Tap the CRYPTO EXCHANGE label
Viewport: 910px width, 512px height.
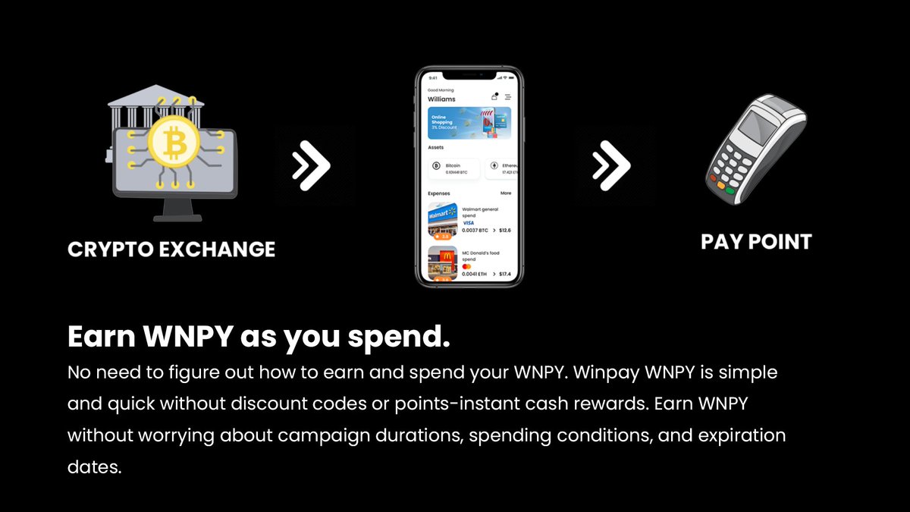click(x=171, y=249)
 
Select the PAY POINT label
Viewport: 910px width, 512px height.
click(x=756, y=242)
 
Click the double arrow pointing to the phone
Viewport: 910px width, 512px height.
click(x=312, y=164)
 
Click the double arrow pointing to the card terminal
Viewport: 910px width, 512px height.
click(x=611, y=164)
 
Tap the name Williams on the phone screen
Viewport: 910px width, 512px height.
click(x=442, y=99)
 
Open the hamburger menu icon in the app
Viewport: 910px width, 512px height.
click(x=508, y=96)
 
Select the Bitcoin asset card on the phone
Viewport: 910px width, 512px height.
click(x=453, y=168)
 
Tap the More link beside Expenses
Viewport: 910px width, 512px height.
click(x=506, y=193)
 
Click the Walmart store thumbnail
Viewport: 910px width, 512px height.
click(x=443, y=220)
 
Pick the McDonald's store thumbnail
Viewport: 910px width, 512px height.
click(x=443, y=263)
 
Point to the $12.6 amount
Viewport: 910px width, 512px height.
click(x=504, y=230)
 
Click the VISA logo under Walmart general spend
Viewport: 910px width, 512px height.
click(x=468, y=222)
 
